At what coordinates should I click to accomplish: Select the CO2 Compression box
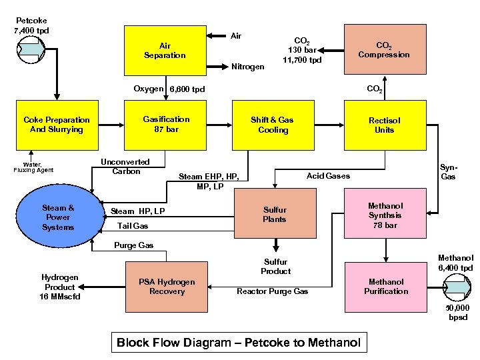pos(384,50)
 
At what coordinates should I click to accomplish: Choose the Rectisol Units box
pos(384,125)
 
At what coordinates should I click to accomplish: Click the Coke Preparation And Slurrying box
pos(57,125)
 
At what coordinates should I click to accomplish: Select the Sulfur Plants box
pos(274,215)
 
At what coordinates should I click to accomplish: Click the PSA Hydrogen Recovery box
pos(167,287)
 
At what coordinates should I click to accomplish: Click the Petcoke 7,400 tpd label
pos(31,25)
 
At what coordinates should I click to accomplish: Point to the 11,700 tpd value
pos(302,60)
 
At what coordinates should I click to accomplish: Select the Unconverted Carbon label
pos(125,167)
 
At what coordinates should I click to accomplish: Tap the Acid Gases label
pos(328,175)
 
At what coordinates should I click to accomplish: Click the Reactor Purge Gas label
pos(273,291)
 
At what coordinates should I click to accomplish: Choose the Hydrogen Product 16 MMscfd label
pos(60,287)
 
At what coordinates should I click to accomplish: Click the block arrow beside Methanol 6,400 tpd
pos(457,287)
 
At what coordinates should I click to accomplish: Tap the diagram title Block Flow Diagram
pos(238,343)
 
